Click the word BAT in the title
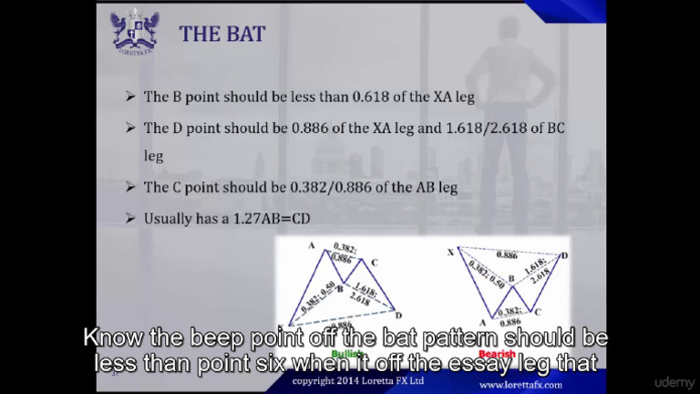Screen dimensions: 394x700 coord(247,35)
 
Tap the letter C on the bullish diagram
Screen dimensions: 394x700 coord(374,263)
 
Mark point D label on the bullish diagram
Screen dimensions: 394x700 coord(398,315)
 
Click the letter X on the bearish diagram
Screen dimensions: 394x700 coord(451,251)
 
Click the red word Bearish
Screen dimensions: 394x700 coord(497,354)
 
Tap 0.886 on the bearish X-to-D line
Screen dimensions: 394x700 coord(509,255)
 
